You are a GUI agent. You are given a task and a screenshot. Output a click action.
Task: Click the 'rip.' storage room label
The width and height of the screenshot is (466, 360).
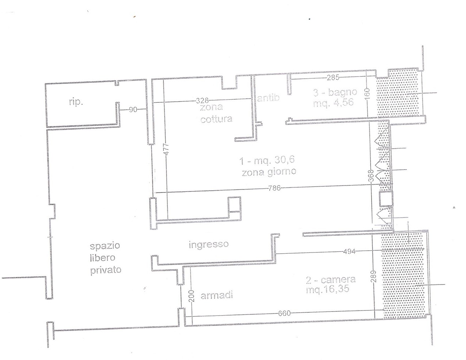(x=76, y=102)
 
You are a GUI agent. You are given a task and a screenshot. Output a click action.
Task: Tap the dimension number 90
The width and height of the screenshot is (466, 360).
(x=133, y=110)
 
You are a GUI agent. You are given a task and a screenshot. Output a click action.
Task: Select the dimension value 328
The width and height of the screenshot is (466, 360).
(x=202, y=100)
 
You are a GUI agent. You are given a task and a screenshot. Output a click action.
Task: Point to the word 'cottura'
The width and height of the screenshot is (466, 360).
(x=216, y=119)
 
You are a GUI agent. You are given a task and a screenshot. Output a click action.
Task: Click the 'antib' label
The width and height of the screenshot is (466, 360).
(x=268, y=98)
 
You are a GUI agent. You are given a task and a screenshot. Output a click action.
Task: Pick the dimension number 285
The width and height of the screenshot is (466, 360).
(x=333, y=78)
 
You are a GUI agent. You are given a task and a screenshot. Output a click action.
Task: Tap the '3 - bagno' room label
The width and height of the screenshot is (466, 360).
(x=335, y=92)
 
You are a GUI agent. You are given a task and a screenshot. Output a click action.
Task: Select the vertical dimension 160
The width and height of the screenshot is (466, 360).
(x=367, y=93)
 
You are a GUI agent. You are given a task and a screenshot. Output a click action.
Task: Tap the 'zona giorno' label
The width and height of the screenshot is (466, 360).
(x=269, y=172)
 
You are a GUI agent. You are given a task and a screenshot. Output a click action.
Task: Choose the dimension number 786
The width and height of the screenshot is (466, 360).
(x=274, y=188)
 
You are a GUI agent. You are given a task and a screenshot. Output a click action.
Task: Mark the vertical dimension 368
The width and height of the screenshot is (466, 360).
(x=372, y=176)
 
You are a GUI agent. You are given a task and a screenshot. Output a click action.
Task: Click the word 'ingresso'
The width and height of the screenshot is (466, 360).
(x=209, y=244)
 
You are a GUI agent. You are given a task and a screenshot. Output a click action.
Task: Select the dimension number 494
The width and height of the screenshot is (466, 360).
(x=349, y=251)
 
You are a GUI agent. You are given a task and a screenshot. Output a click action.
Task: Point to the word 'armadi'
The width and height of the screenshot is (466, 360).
(x=217, y=296)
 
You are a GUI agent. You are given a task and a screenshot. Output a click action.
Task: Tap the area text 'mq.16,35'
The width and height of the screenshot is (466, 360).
(x=328, y=290)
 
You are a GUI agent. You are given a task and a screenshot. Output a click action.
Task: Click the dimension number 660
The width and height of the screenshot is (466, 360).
(x=284, y=313)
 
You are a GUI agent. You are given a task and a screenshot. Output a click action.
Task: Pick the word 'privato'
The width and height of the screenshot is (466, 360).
(x=106, y=270)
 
